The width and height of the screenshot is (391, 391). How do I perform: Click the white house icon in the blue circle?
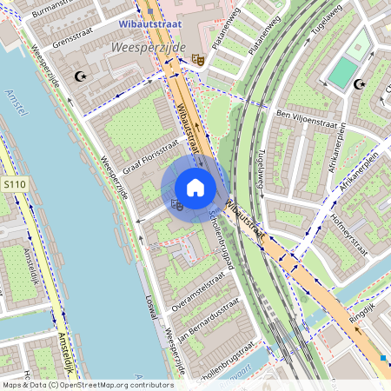[x=195, y=187]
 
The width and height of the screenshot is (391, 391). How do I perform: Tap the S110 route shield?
[x=14, y=185]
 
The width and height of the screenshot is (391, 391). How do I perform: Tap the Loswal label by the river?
[x=153, y=310]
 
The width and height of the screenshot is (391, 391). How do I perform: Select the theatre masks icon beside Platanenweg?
[x=198, y=57]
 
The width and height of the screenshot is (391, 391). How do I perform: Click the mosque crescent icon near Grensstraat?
[x=83, y=77]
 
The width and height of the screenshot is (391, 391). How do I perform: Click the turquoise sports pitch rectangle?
[x=342, y=73]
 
